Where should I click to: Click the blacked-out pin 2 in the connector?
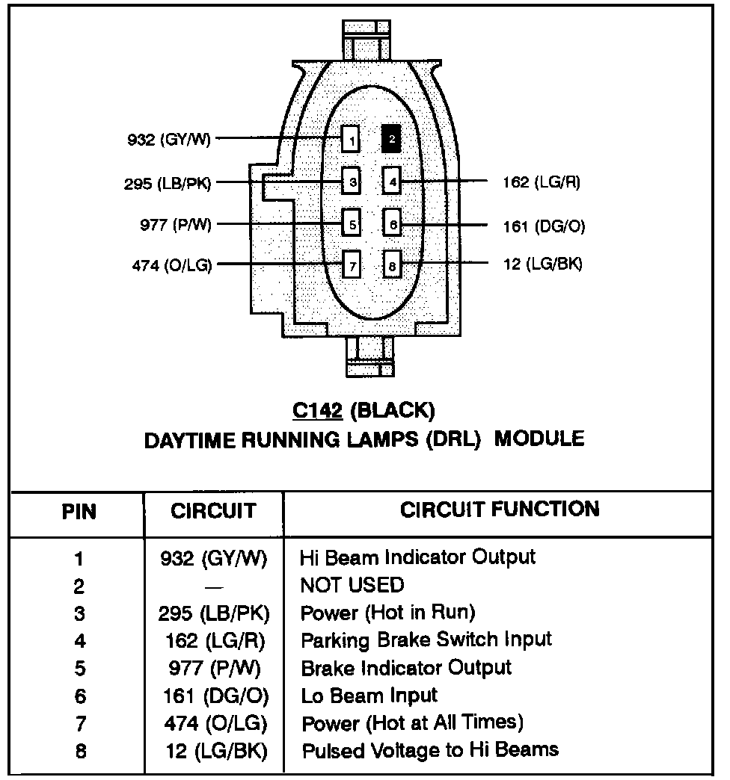click(392, 138)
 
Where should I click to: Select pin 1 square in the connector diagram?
click(351, 139)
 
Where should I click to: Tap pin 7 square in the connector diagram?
click(351, 264)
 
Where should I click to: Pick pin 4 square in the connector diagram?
click(392, 180)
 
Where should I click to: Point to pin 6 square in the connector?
click(392, 223)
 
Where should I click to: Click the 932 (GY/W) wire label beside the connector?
click(169, 139)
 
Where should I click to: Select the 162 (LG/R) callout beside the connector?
click(542, 182)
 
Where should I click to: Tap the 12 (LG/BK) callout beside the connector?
click(542, 263)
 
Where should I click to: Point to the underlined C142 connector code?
click(317, 411)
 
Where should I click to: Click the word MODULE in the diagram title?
click(539, 439)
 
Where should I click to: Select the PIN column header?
click(78, 513)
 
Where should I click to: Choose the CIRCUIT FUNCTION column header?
click(500, 510)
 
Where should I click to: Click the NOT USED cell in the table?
click(352, 585)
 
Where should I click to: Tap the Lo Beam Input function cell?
click(369, 696)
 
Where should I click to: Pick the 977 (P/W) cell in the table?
click(214, 668)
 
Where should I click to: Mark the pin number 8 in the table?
click(79, 751)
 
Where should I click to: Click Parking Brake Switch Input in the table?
click(426, 640)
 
